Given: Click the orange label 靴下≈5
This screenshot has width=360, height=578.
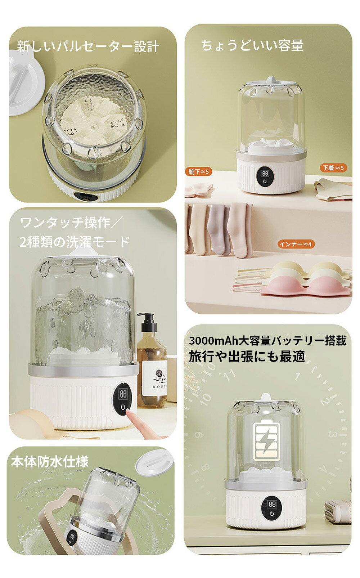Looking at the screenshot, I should [198, 172].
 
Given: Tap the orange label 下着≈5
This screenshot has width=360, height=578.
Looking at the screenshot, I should [333, 168].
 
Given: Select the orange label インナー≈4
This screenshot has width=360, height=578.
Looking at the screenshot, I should [296, 244].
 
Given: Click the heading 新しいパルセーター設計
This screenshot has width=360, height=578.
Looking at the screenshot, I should [88, 47].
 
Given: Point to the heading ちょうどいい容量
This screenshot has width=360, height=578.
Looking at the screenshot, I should [252, 46].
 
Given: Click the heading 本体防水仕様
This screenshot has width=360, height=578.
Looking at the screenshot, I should [50, 462].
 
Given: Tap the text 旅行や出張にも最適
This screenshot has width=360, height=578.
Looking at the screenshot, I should [247, 357].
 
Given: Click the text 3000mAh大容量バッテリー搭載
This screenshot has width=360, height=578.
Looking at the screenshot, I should [267, 341].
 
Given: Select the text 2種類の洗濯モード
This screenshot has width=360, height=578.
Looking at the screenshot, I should [75, 242].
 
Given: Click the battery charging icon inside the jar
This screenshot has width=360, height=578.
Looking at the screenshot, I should [266, 440].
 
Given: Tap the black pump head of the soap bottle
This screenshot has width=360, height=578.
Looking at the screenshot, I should [148, 322].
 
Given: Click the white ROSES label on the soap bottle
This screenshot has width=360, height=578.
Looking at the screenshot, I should [155, 382].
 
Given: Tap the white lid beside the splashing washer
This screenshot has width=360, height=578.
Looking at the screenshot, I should [154, 462].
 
